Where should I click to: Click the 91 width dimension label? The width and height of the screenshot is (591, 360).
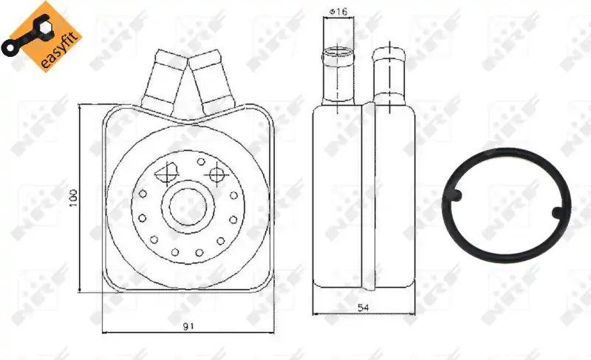click(188, 326)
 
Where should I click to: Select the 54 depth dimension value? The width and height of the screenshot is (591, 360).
click(363, 308)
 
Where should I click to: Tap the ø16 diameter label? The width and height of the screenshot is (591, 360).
click(338, 12)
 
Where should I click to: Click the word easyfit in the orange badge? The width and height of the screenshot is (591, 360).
click(61, 50)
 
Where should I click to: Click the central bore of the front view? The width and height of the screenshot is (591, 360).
click(188, 206)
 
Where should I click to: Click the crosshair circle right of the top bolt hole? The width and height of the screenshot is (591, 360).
click(216, 174)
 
